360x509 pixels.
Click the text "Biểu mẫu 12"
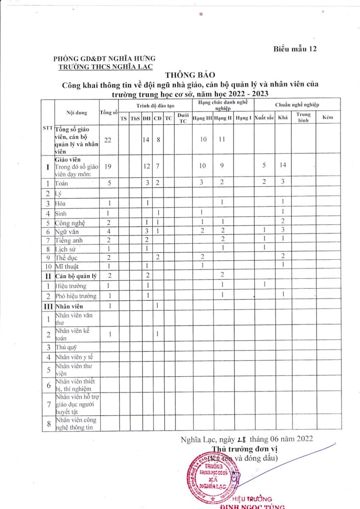pyautogui.click(x=295, y=49)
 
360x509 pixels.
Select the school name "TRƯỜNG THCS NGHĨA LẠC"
pyautogui.click(x=105, y=66)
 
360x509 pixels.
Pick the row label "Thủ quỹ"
pyautogui.click(x=65, y=347)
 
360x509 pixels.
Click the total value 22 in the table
pyautogui.click(x=108, y=140)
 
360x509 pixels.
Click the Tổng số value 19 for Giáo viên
pyautogui.click(x=108, y=166)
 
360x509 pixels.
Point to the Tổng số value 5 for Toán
pyautogui.click(x=108, y=184)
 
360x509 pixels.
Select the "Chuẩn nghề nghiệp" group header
pyautogui.click(x=297, y=104)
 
